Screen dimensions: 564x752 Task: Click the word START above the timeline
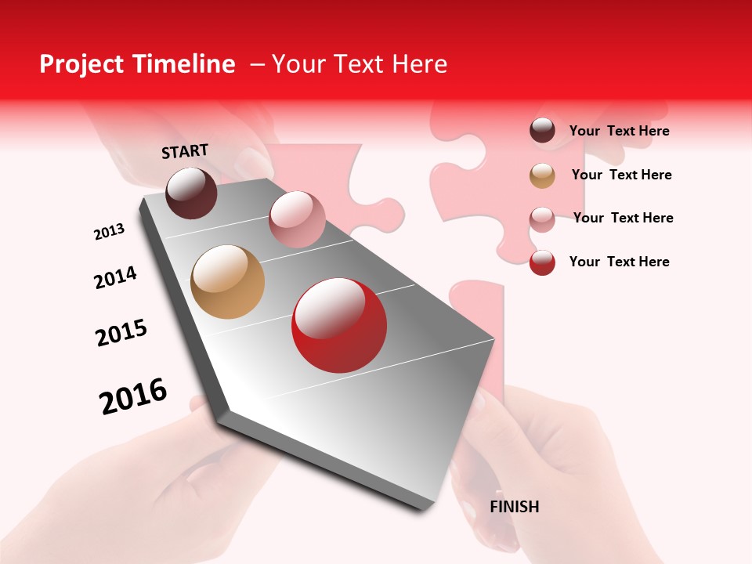pyautogui.click(x=185, y=151)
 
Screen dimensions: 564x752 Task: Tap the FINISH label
pyautogui.click(x=514, y=507)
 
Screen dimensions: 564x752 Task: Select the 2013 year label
pyautogui.click(x=109, y=232)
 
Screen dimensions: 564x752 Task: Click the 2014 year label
pyautogui.click(x=115, y=278)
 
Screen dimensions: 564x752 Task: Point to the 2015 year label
pyautogui.click(x=121, y=333)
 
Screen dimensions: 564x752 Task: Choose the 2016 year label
pyautogui.click(x=133, y=396)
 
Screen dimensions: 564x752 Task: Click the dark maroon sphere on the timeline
pyautogui.click(x=191, y=193)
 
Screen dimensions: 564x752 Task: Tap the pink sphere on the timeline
pyautogui.click(x=297, y=219)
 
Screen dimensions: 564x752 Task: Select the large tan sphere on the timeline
pyautogui.click(x=227, y=282)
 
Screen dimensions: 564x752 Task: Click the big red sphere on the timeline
pyautogui.click(x=339, y=325)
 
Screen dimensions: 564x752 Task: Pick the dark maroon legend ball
pyautogui.click(x=542, y=131)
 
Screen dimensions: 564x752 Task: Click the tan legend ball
pyautogui.click(x=542, y=175)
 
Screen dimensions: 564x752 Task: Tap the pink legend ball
pyautogui.click(x=542, y=219)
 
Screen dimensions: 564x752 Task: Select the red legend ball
pyautogui.click(x=542, y=262)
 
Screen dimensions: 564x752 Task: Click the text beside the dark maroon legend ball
pyautogui.click(x=619, y=132)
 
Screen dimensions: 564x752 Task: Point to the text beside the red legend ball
pyautogui.click(x=619, y=262)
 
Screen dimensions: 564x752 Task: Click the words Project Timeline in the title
pyautogui.click(x=137, y=64)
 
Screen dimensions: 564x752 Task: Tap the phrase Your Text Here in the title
pyautogui.click(x=360, y=64)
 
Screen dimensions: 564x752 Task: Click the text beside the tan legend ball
pyautogui.click(x=621, y=175)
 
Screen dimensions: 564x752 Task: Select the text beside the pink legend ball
pyautogui.click(x=623, y=218)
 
